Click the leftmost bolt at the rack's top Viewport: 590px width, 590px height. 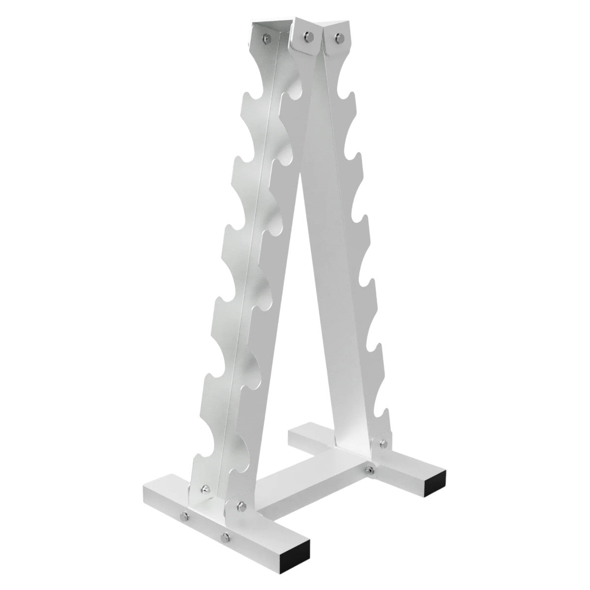click(x=265, y=37)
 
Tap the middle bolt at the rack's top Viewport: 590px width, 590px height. click(x=308, y=35)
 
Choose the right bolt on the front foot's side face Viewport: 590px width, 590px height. click(x=225, y=534)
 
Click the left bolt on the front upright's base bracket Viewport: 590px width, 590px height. click(x=205, y=490)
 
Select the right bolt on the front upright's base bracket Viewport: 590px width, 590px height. click(x=240, y=505)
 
